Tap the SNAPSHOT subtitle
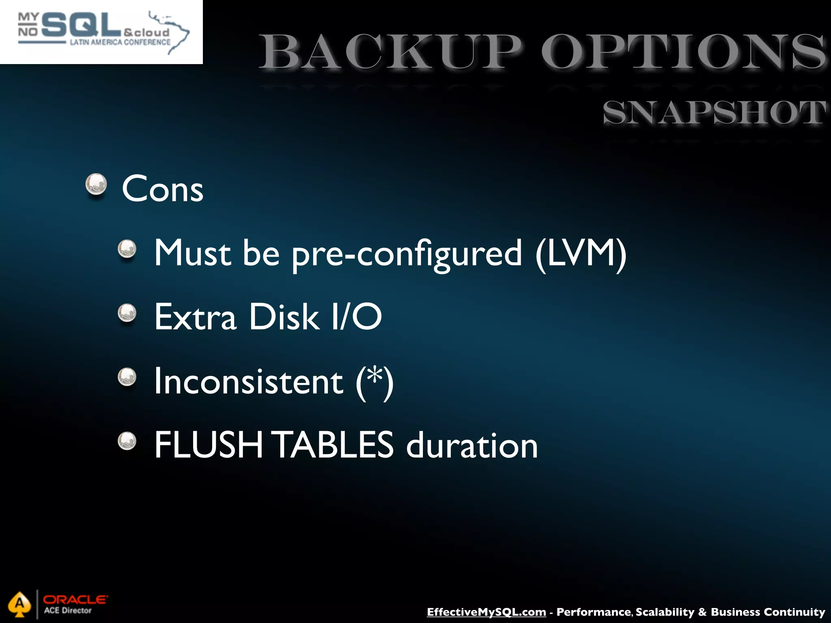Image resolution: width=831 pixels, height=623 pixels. pyautogui.click(x=714, y=112)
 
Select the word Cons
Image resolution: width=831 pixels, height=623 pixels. pyautogui.click(x=162, y=189)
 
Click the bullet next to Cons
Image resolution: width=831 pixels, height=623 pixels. pyautogui.click(x=96, y=185)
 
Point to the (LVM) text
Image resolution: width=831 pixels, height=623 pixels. pyautogui.click(x=581, y=253)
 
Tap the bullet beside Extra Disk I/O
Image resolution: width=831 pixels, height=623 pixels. pyautogui.click(x=127, y=313)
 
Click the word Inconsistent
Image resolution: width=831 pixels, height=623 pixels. pyautogui.click(x=249, y=381)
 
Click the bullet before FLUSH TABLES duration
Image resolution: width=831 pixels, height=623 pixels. pyautogui.click(x=127, y=441)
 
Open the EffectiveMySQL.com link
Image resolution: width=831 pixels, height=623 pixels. pyautogui.click(x=486, y=612)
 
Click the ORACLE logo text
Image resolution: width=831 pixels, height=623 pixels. pyautogui.click(x=75, y=599)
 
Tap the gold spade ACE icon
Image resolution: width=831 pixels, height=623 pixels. pyautogui.click(x=19, y=604)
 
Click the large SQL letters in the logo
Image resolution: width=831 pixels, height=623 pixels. pyautogui.click(x=81, y=24)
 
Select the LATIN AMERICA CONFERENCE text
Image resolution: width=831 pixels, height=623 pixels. pyautogui.click(x=120, y=42)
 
